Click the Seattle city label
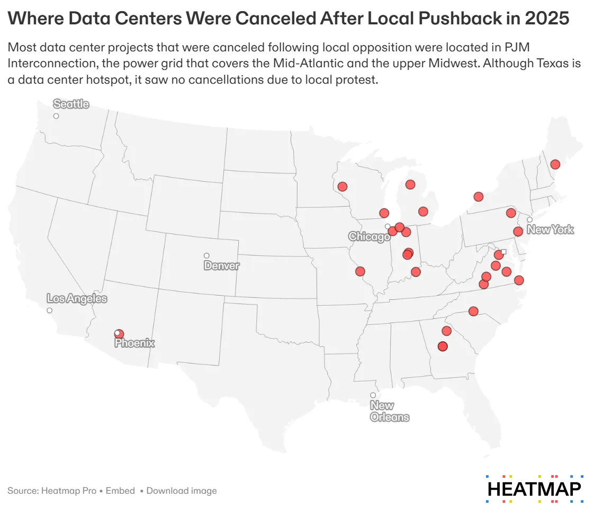pyautogui.click(x=71, y=104)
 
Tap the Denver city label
pyautogui.click(x=221, y=265)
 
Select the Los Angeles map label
pyautogui.click(x=77, y=299)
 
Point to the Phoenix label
pyautogui.click(x=135, y=343)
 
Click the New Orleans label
pyautogui.click(x=390, y=411)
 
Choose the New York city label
pyautogui.click(x=550, y=230)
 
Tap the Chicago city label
pyautogui.click(x=369, y=237)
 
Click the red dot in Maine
pyautogui.click(x=555, y=164)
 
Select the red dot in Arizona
pyautogui.click(x=120, y=334)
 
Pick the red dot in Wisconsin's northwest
pyautogui.click(x=343, y=186)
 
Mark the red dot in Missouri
pyautogui.click(x=360, y=271)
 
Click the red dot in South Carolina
pyautogui.click(x=473, y=311)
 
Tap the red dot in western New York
pyautogui.click(x=479, y=197)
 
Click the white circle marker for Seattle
pyautogui.click(x=56, y=116)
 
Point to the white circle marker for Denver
pyautogui.click(x=206, y=256)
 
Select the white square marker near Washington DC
pyautogui.click(x=503, y=252)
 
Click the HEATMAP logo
pyautogui.click(x=535, y=488)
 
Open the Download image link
pyautogui.click(x=182, y=491)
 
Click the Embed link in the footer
pyautogui.click(x=120, y=491)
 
